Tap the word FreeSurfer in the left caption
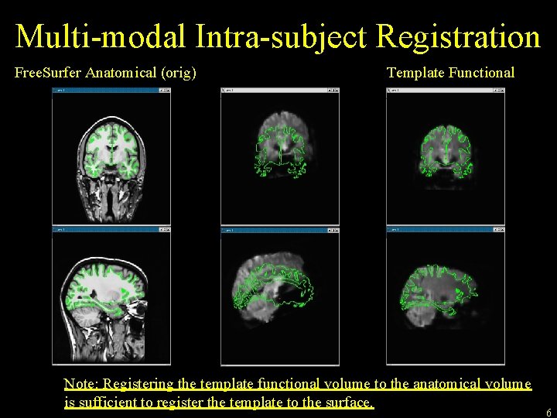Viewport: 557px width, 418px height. [48, 73]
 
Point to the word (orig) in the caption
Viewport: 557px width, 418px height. [177, 73]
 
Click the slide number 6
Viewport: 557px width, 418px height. [548, 413]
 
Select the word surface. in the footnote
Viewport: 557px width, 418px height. [350, 403]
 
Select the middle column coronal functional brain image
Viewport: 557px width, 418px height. [279, 147]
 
